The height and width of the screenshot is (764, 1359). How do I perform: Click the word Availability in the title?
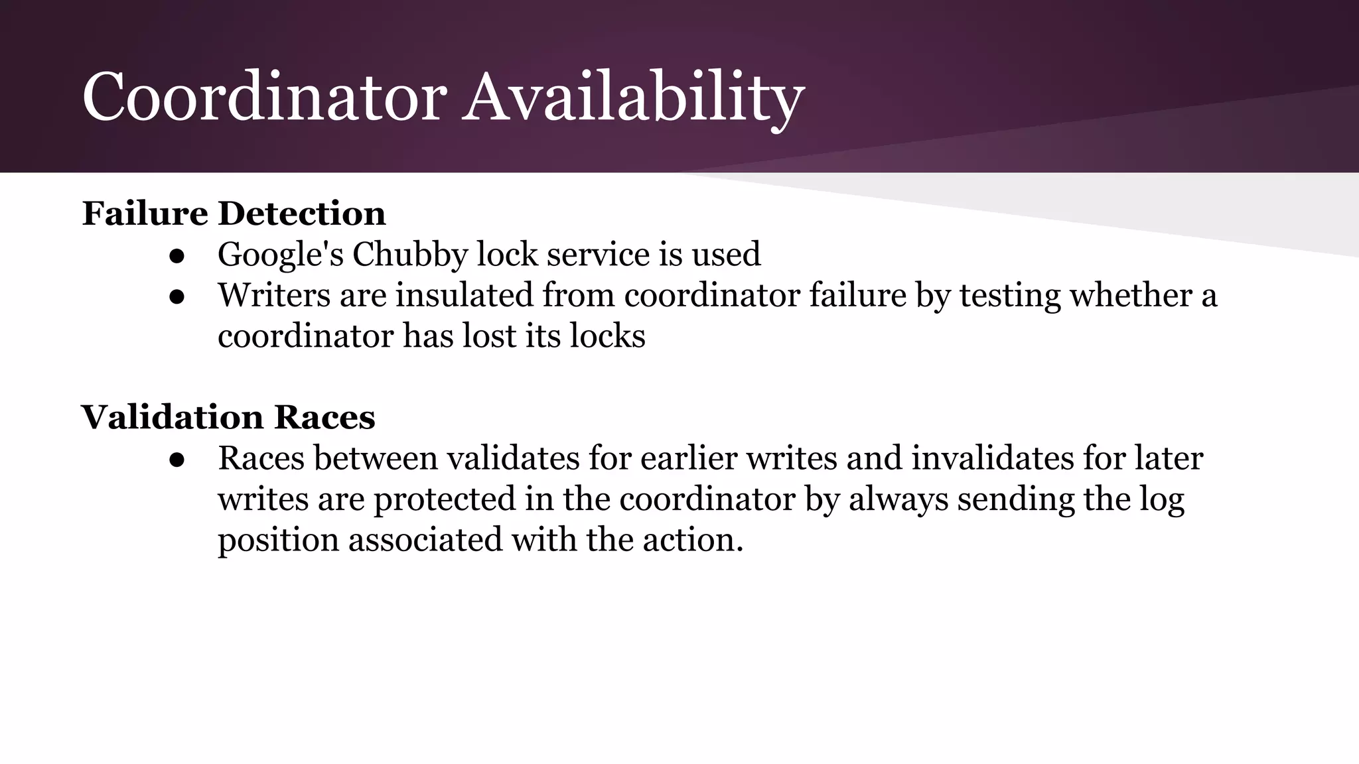633,98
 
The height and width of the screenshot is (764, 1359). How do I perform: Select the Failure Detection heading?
234,214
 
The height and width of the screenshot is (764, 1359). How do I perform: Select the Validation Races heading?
228,417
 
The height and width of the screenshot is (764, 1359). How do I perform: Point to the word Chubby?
409,255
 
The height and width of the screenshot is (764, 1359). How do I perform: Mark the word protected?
445,499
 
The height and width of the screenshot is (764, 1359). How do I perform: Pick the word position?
278,540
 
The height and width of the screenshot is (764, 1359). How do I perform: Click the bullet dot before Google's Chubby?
177,256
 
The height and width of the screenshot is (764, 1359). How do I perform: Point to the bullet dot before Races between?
177,460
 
